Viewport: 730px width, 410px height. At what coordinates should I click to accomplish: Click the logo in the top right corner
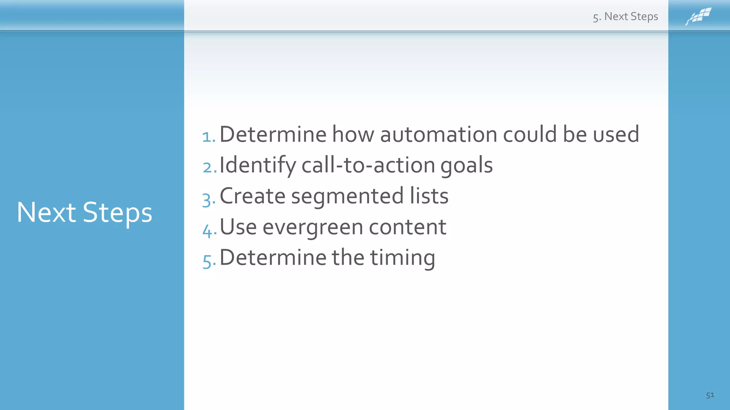698,16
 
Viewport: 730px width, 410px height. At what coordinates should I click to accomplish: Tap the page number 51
710,395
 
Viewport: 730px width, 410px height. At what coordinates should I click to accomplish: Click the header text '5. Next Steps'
625,17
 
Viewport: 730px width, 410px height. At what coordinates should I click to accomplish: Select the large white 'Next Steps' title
84,212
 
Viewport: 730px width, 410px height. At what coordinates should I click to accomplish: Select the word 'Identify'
258,165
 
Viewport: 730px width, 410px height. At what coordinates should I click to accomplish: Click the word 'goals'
466,165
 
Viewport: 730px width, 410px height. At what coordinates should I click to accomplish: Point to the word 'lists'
429,196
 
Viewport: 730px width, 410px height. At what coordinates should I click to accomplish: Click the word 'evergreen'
313,227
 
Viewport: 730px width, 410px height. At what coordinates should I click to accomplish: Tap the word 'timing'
402,258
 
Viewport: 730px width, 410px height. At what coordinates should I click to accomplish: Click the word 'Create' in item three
252,196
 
